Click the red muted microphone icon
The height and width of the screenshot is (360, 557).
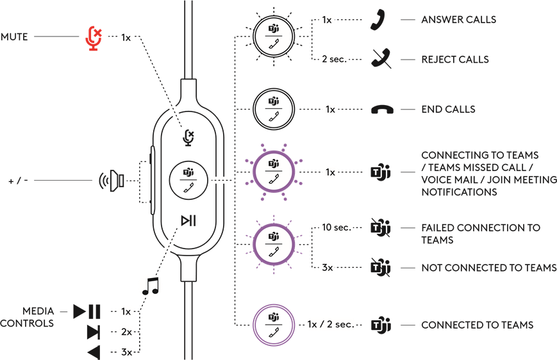pos(94,38)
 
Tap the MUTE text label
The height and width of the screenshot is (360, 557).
pos(14,37)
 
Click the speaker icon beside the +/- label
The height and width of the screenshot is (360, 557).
pos(112,181)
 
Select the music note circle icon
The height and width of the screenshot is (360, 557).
pos(151,285)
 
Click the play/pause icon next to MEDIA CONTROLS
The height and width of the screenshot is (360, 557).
pos(87,312)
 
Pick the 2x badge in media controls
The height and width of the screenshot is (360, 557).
pos(126,332)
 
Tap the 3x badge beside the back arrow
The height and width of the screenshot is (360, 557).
pos(126,351)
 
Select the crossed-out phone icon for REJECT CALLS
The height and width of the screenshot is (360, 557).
pos(380,59)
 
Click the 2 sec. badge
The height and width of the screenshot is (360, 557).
pos(333,59)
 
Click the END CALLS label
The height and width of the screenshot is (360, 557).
pos(448,110)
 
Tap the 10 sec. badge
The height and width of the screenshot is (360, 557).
pos(336,227)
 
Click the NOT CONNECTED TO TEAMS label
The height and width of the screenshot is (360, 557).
pos(488,267)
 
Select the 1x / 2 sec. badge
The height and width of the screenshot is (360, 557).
pos(330,324)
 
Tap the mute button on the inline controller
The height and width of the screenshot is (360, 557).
pos(188,136)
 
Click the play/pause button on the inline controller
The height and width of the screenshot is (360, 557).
pos(188,221)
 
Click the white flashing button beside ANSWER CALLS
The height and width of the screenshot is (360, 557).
pos(274,35)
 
